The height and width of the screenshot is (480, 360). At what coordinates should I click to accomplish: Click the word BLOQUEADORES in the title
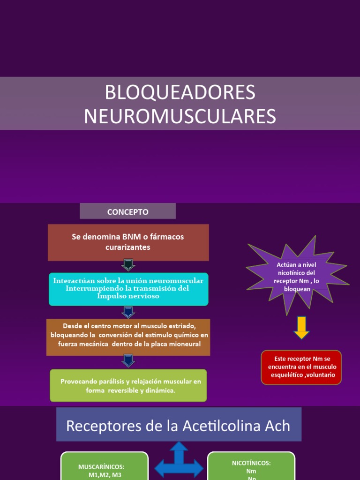180,92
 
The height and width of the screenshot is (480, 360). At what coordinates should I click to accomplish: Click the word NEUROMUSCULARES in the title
180,117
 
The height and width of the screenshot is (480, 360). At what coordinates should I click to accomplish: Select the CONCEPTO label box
127,211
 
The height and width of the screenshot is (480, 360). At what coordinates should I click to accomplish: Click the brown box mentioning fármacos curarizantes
128,242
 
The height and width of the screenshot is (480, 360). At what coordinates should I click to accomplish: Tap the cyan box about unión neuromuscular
128,288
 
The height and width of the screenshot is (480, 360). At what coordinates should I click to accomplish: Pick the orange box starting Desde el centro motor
128,336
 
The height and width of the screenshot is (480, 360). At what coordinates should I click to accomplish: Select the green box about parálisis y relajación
128,385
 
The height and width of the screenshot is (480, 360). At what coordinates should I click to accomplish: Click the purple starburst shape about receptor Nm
297,276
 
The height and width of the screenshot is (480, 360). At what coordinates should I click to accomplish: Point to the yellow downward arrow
301,327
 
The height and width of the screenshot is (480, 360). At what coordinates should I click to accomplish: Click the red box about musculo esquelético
301,367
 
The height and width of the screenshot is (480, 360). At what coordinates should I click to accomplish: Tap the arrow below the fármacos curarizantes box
128,265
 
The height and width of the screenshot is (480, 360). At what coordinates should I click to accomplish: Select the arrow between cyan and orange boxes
128,312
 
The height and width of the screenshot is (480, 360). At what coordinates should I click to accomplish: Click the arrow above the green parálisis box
128,360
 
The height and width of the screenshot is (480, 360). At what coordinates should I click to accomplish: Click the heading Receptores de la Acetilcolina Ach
178,426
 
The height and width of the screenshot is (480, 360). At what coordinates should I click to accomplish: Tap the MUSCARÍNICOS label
101,467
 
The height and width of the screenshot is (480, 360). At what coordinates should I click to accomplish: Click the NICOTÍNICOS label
251,463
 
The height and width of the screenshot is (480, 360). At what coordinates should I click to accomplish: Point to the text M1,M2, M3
101,475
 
